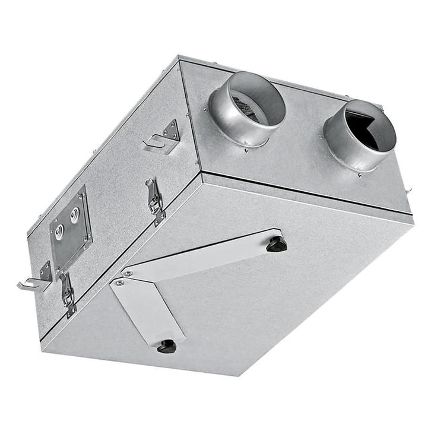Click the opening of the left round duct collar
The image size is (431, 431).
tap(254, 105)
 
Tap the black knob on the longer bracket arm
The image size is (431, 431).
tap(276, 243)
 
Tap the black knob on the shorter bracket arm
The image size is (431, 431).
tap(167, 346)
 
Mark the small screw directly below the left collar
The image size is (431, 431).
tap(246, 150)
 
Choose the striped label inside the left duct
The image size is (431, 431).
tap(243, 107)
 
